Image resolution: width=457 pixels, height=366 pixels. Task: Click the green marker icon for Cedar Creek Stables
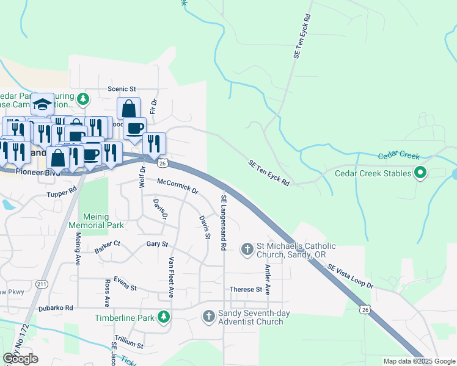pos(420,173)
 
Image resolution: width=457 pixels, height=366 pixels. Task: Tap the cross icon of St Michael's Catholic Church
pos(247,248)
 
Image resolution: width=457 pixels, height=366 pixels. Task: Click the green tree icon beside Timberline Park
pos(163,317)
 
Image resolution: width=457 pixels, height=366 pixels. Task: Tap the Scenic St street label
pos(122,88)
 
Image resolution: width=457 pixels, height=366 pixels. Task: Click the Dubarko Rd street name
pos(57,307)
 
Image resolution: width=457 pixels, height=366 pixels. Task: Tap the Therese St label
pos(245,289)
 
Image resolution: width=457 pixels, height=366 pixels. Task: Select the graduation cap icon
pos(43,105)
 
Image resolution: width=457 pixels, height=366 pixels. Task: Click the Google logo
pos(20,359)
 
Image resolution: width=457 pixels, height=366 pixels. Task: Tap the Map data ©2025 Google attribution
pos(419,361)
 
